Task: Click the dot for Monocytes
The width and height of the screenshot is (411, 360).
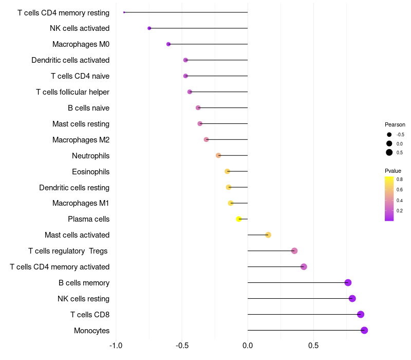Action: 364,330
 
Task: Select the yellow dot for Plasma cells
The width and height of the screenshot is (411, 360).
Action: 238,219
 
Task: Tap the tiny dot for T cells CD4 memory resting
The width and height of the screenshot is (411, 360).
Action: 124,12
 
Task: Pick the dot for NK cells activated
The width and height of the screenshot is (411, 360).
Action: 149,28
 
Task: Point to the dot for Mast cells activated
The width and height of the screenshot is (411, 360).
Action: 268,235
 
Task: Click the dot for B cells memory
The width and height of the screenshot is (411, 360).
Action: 348,282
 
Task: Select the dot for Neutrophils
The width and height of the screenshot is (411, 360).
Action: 218,156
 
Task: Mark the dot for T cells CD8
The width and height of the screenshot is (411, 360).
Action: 361,314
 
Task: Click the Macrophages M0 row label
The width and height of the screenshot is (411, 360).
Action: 81,44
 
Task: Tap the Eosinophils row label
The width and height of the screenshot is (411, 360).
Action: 91,172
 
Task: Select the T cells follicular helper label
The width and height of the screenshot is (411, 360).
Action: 72,92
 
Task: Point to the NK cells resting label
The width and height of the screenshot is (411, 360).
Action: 83,299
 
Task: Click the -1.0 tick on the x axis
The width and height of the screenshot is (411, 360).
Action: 116,346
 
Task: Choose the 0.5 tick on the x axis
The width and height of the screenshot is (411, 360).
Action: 313,346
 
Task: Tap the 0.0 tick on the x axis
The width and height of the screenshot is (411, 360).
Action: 248,346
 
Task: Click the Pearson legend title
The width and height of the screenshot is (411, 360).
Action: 395,124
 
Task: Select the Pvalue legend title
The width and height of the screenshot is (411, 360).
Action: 393,171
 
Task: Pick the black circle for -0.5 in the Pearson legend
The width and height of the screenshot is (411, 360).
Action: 389,135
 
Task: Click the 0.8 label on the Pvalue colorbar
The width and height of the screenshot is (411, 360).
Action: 400,179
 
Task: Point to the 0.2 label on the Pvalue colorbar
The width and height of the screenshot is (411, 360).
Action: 400,211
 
